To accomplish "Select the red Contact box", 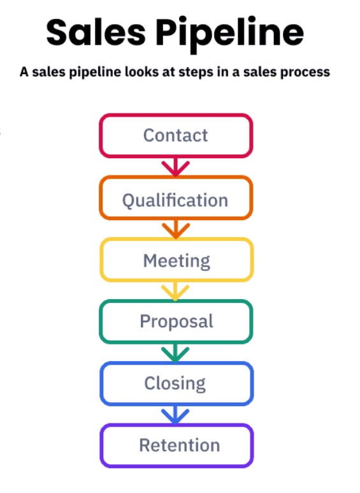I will pyautogui.click(x=175, y=135).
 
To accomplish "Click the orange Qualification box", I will pyautogui.click(x=175, y=200).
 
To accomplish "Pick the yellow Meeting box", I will pyautogui.click(x=175, y=260).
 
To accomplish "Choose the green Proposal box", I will pyautogui.click(x=175, y=321).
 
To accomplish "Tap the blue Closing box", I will pyautogui.click(x=175, y=383).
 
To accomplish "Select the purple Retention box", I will pyautogui.click(x=175, y=445).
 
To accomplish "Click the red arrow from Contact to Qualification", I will pyautogui.click(x=175, y=167).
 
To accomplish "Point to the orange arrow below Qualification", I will pyautogui.click(x=175, y=229).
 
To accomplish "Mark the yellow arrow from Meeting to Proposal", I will pyautogui.click(x=175, y=291).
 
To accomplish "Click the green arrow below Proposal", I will pyautogui.click(x=175, y=353).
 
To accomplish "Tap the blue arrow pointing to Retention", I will pyautogui.click(x=175, y=415).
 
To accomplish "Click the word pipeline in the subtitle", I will pyautogui.click(x=101, y=72).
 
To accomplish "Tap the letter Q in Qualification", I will pyautogui.click(x=129, y=200).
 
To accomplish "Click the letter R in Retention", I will pyautogui.click(x=145, y=445).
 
